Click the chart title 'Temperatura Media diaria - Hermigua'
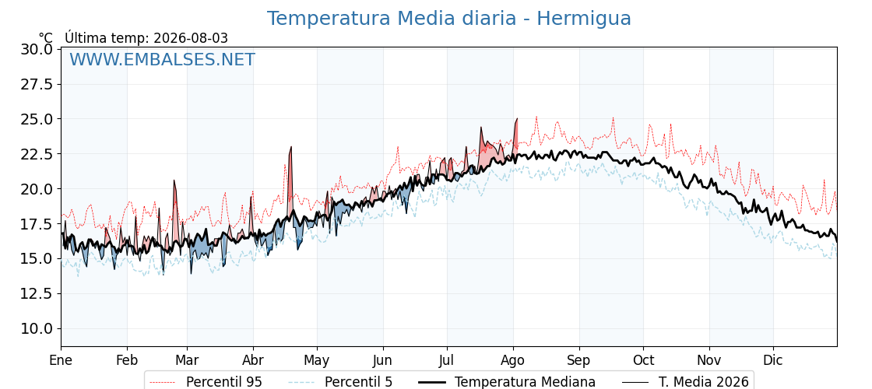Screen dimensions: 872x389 448,19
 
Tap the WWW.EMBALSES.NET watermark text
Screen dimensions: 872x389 163,59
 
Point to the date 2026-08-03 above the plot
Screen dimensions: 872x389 191,38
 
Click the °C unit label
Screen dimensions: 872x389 46,38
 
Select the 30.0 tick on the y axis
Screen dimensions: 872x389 37,50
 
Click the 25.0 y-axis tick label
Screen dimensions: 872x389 37,119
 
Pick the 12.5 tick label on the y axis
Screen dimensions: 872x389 37,293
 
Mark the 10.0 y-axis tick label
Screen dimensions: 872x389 37,328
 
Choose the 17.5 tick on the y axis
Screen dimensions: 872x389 37,224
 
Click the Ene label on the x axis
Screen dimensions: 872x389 62,361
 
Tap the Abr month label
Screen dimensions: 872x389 253,361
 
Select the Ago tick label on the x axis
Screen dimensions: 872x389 513,361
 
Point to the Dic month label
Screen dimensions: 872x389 773,361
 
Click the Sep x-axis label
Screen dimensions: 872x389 579,361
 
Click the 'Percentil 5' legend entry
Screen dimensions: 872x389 341,382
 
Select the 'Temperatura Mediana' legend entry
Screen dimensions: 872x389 506,382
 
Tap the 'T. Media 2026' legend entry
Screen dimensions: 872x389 685,382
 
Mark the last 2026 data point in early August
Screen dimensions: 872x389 517,118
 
